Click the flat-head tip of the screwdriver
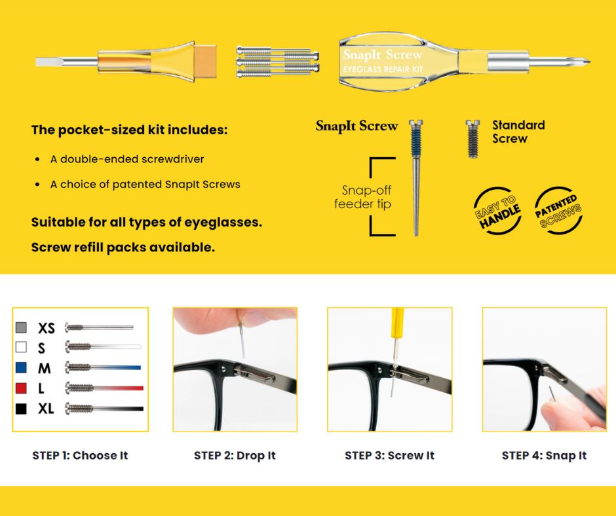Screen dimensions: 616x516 [x=37, y=62]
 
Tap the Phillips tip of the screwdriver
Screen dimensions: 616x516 [x=589, y=62]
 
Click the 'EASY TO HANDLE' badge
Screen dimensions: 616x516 [x=497, y=211]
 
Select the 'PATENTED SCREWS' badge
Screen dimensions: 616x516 [x=558, y=211]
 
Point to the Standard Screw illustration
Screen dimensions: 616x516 [x=472, y=139]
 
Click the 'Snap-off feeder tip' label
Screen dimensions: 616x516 [x=362, y=197]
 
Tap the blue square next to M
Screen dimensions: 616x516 [x=21, y=367]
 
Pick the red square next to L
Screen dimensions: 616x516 [x=21, y=388]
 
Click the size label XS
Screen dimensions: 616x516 [x=47, y=328]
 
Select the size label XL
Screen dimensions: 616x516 [x=46, y=409]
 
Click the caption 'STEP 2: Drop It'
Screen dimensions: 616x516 [x=235, y=456]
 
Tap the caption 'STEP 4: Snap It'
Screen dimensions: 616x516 [x=544, y=456]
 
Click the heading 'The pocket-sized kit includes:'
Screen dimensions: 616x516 [x=129, y=130]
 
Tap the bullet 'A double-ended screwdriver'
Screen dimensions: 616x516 [x=127, y=159]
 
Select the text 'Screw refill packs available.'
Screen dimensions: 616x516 [x=123, y=248]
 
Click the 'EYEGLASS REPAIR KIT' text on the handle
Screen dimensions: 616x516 [x=383, y=69]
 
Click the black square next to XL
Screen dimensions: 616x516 [x=21, y=409]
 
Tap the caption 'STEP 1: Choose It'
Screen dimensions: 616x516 [x=80, y=456]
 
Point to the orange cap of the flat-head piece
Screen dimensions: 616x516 [x=205, y=62]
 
